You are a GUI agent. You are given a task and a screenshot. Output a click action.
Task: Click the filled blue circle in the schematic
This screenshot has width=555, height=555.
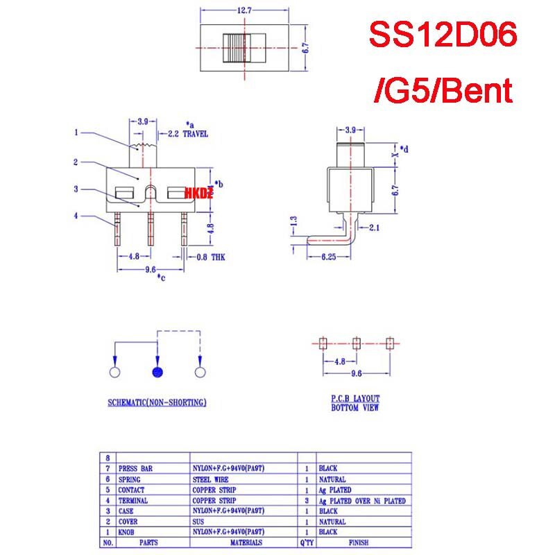click(157, 373)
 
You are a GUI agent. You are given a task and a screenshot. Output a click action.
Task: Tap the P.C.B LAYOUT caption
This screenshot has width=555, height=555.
click(355, 399)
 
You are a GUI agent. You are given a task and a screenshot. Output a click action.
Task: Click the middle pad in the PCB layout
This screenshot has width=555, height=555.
click(356, 343)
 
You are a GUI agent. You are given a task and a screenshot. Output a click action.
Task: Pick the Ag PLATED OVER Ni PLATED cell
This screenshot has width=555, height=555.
click(361, 500)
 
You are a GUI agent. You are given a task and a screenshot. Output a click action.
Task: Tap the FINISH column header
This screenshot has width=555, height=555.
click(361, 543)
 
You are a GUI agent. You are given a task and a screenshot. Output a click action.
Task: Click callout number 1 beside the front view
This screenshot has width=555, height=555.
click(76, 133)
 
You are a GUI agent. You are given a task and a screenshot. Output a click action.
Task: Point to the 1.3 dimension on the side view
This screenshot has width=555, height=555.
click(294, 224)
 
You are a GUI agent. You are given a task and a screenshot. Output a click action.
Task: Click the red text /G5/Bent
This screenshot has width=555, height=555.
click(443, 90)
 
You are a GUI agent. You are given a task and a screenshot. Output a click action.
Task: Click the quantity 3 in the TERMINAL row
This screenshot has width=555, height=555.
click(307, 500)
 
